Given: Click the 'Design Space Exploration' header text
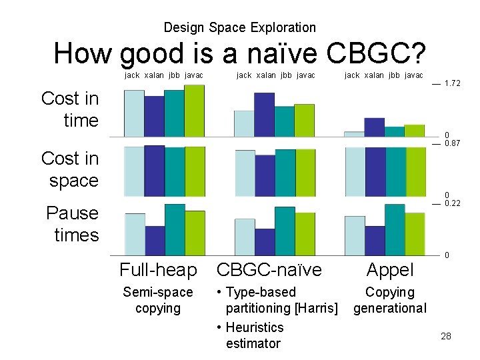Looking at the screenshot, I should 239,27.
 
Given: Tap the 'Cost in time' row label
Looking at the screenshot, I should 70,109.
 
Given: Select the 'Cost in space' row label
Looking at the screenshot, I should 70,169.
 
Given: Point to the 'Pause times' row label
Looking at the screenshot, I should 72,224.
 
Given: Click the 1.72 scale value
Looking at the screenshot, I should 453,84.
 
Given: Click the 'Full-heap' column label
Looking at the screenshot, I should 158,270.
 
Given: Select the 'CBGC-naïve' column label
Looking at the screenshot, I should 269,270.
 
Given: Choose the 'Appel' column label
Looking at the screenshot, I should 390,270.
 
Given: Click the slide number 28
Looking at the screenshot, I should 445,336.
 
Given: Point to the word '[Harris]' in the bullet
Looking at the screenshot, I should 315,308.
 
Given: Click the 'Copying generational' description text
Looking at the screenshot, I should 390,300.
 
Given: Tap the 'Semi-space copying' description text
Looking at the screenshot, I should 158,300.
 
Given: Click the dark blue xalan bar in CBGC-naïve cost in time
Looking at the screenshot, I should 264,115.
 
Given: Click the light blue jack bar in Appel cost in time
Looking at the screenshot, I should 354,134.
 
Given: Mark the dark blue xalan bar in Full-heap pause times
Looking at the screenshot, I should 155,241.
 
